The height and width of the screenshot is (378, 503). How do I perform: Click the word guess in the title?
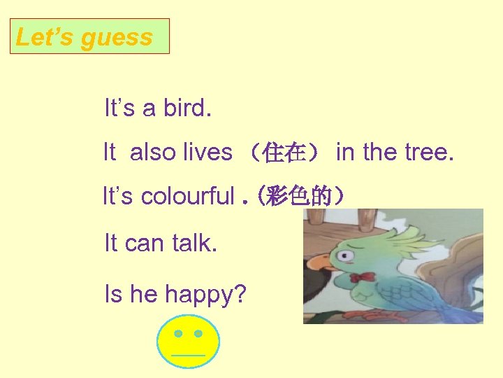(117, 37)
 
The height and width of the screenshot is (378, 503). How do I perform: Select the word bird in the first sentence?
(187, 108)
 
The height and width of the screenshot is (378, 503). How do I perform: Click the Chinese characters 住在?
(282, 153)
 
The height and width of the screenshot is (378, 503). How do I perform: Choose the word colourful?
(188, 197)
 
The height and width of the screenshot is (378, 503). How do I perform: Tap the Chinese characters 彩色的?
(302, 197)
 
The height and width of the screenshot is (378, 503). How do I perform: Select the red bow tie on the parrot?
(362, 277)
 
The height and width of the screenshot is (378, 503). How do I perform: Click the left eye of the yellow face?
(179, 334)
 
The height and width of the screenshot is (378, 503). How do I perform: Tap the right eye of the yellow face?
(198, 334)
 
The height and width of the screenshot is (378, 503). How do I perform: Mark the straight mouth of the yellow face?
(188, 355)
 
